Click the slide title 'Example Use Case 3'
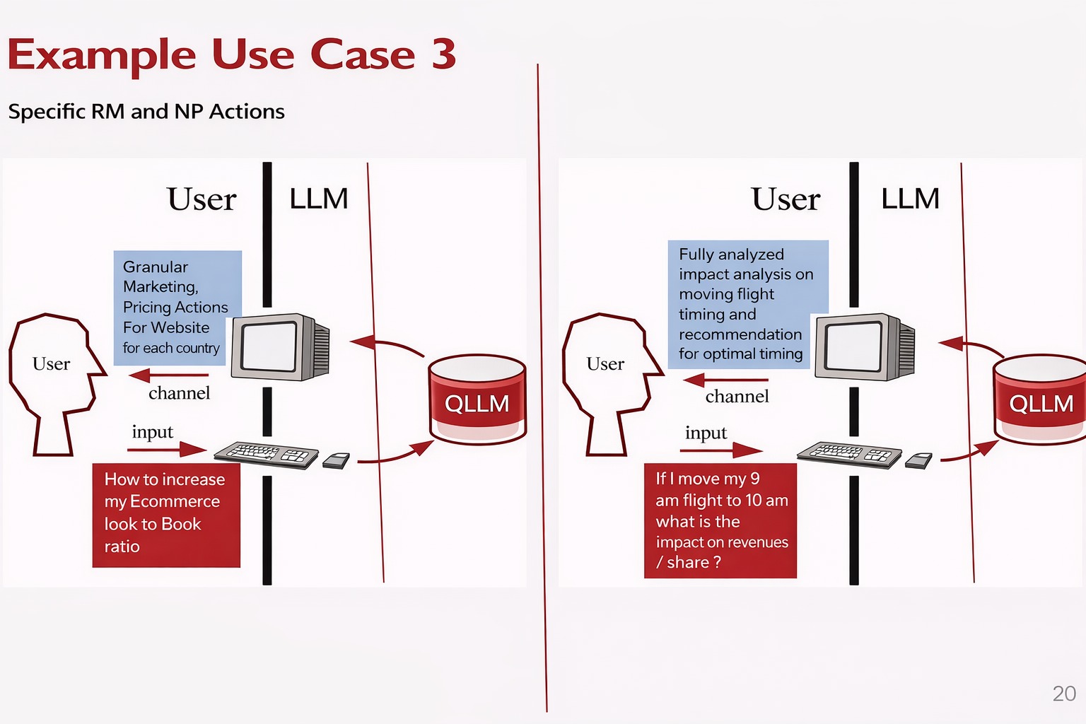coord(232,55)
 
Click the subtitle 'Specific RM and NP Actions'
coord(146,112)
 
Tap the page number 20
coord(1064,694)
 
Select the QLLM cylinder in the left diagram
coord(477,400)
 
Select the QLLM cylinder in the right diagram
coord(1040,400)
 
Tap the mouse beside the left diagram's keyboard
coord(337,461)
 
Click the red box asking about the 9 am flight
coord(720,520)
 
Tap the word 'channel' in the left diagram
coord(179,394)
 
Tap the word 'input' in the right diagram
coord(706,433)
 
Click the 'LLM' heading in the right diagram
coord(910,199)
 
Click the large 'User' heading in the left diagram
coord(202,199)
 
